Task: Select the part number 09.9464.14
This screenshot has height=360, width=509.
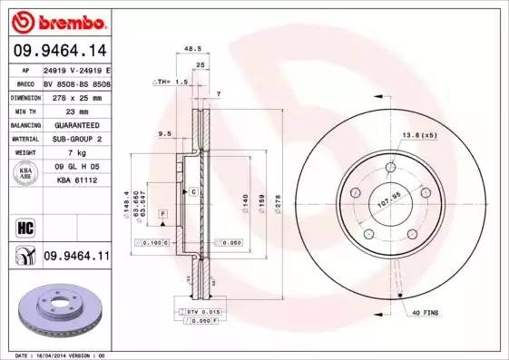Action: point(58,51)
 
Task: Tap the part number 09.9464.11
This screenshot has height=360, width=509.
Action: point(76,258)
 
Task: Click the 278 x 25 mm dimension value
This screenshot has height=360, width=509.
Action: point(76,96)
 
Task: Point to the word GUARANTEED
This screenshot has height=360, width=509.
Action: point(76,125)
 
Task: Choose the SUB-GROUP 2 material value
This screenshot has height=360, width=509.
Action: point(76,139)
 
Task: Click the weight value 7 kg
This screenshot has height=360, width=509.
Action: point(76,153)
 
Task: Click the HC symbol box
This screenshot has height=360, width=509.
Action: point(25,227)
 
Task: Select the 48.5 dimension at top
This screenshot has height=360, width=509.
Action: point(191,50)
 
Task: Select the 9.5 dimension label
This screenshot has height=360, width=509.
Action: point(164,133)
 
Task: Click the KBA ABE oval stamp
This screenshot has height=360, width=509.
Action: point(26,174)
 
